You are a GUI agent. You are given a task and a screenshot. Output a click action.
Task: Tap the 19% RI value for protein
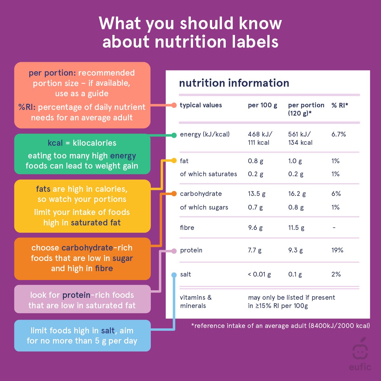point(337,250)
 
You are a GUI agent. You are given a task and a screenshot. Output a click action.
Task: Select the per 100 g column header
point(262,105)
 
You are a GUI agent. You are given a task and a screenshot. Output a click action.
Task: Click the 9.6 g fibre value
point(255,228)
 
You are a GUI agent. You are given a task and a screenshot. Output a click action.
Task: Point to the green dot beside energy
point(174,135)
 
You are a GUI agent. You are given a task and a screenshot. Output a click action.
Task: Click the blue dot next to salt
point(174,275)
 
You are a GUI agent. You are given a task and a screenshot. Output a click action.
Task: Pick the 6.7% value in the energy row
point(338,134)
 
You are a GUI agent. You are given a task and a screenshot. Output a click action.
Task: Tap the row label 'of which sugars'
point(204,207)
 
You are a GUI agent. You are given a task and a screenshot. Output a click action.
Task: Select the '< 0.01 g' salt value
point(259,274)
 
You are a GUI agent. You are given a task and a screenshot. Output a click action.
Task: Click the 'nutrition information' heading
point(234,83)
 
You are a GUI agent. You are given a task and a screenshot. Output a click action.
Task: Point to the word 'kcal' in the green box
point(55,143)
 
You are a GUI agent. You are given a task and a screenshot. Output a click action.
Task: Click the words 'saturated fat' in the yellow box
point(96,223)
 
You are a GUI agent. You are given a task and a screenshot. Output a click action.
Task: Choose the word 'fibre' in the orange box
point(104,268)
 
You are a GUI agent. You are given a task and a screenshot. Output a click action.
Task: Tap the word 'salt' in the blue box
point(108,331)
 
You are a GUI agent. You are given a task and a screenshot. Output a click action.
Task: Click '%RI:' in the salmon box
point(27,107)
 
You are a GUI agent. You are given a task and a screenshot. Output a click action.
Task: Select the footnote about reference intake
point(280,326)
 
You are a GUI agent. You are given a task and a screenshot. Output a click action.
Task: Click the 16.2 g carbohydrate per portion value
point(297,194)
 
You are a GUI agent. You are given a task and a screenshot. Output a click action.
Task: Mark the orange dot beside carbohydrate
point(174,193)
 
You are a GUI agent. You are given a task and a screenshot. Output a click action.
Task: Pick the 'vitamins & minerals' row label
point(196,302)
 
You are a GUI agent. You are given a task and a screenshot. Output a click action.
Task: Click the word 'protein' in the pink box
point(76,295)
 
